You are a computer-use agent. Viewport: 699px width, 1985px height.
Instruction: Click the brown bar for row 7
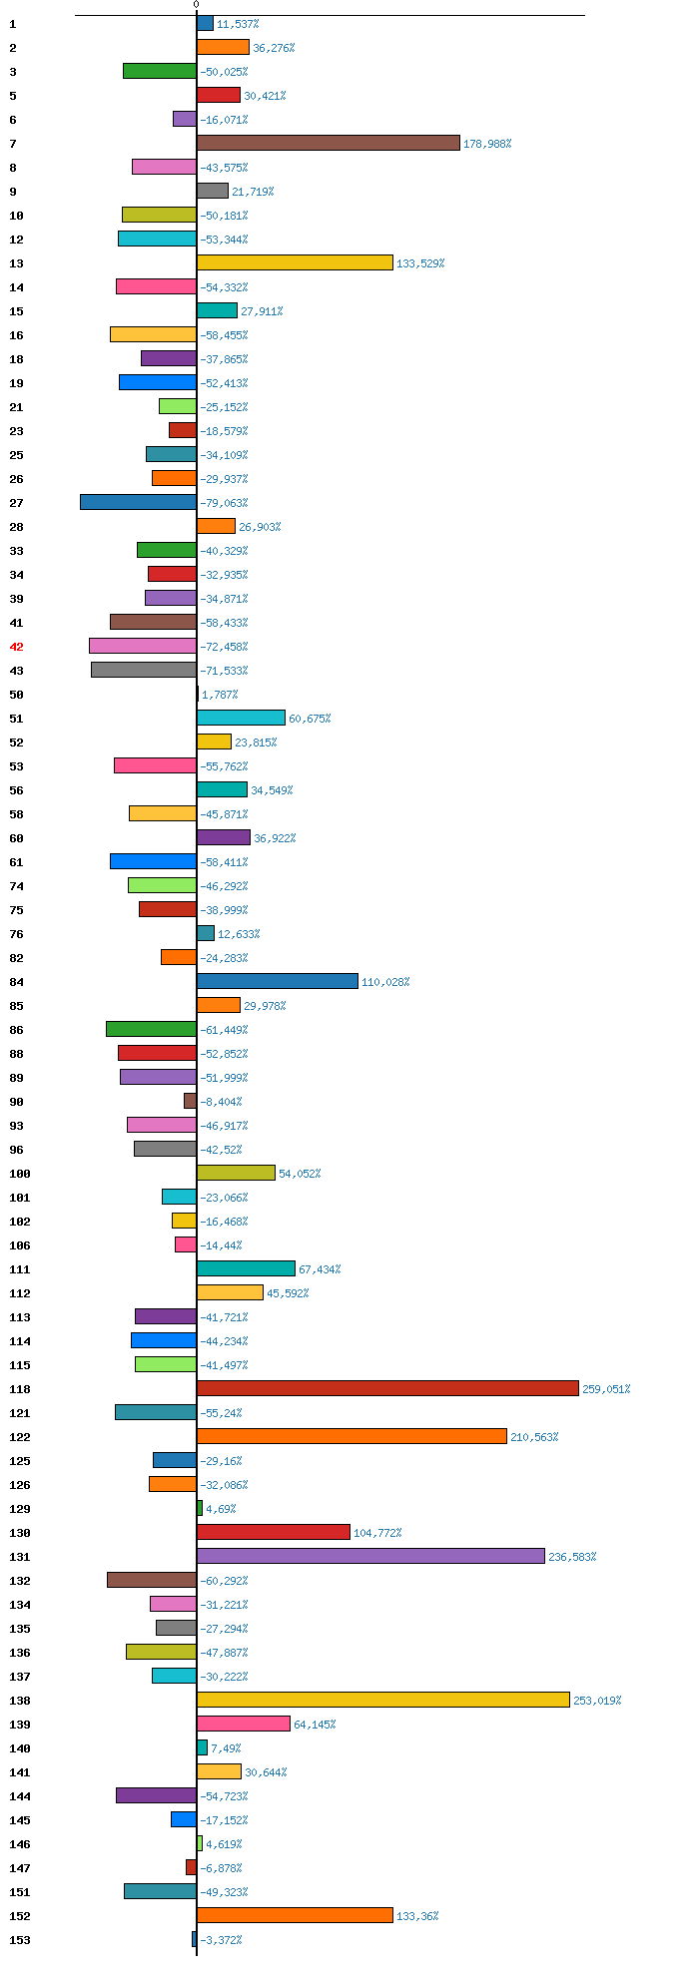pos(328,143)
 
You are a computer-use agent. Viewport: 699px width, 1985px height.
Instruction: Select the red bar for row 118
pos(387,1388)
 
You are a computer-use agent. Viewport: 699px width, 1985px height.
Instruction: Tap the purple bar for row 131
pos(370,1556)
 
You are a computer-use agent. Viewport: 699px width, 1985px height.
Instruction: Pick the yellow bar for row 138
pos(382,1700)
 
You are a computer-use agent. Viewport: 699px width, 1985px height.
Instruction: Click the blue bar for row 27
pos(139,502)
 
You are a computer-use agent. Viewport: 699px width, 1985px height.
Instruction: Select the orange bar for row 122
pos(351,1436)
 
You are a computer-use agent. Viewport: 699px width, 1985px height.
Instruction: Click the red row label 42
pos(16,647)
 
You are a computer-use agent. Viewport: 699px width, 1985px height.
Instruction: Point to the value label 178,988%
pos(487,144)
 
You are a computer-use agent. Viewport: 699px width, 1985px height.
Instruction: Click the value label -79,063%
pos(224,503)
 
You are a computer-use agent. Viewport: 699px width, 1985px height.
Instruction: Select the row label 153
pos(20,1940)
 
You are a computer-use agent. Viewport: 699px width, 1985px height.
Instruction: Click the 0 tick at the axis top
pos(196,5)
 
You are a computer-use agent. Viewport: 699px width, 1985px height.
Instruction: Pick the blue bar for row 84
pos(277,981)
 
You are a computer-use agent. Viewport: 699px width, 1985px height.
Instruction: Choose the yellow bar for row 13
pos(295,262)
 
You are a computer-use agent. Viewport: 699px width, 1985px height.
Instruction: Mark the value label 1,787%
pos(220,695)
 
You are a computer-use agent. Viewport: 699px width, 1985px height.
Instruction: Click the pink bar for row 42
pos(143,646)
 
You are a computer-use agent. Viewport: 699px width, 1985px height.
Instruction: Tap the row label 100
pos(20,1174)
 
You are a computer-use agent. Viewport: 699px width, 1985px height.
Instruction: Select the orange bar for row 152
pos(295,1915)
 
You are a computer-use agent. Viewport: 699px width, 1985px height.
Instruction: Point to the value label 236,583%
pos(572,1557)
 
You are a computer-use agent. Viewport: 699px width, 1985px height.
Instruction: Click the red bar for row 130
pos(274,1532)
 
